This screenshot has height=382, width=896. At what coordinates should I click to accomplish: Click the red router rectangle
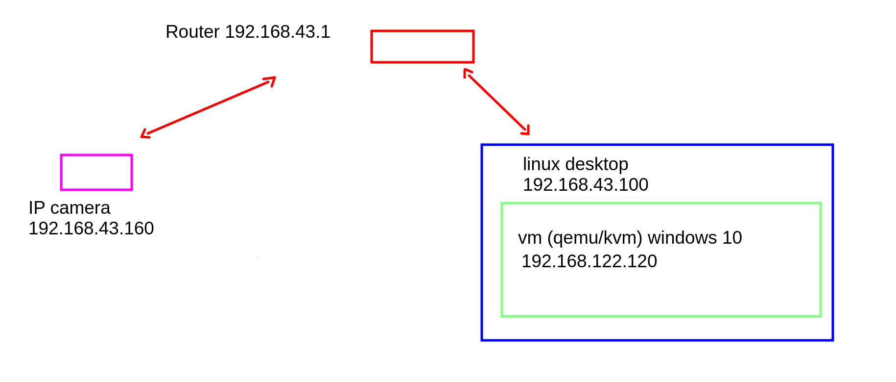point(422,47)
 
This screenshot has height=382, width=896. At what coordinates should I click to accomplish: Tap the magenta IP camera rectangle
point(96,172)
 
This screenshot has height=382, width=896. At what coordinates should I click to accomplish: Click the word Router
point(192,32)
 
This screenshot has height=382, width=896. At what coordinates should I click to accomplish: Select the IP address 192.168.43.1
point(278,32)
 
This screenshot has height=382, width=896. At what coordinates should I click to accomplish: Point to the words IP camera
point(70,208)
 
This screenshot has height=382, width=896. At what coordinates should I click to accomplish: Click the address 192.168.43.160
point(91,229)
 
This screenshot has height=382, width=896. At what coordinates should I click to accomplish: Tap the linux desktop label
point(575,164)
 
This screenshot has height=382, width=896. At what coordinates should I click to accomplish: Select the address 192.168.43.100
point(586,185)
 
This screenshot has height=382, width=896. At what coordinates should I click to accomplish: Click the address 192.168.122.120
point(589,261)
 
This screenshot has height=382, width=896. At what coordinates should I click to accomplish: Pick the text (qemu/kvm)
point(594,238)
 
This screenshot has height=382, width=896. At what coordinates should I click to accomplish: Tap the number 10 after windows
point(732,238)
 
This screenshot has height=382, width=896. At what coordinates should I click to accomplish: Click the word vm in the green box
point(530,238)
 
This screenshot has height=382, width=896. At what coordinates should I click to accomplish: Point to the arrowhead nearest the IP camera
point(144,135)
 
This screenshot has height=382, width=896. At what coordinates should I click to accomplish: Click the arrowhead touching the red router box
point(467,72)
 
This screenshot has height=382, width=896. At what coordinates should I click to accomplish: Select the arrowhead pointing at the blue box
point(526,131)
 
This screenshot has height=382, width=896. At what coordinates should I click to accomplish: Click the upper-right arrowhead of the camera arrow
point(272,79)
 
